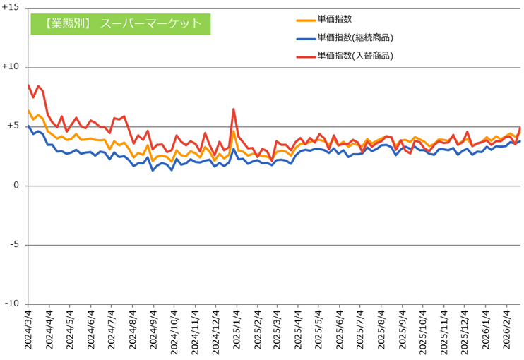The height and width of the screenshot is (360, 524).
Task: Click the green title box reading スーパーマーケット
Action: (x=121, y=23)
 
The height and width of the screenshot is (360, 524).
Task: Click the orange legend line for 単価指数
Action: (x=305, y=20)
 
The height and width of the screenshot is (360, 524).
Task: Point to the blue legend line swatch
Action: (x=305, y=38)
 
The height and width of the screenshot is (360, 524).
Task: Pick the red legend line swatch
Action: (x=305, y=55)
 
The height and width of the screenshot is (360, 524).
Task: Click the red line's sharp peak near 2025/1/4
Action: (x=233, y=109)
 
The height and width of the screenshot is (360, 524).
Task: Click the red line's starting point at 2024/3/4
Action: (x=28, y=85)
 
